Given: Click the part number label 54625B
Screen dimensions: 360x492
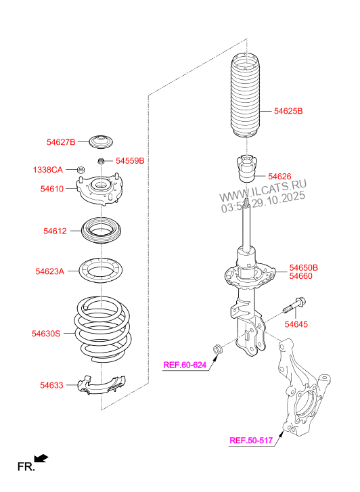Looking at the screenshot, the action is point(288,111).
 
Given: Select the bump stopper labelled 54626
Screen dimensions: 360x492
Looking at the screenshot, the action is point(247,169).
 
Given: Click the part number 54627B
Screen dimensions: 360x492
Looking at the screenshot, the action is point(61,142).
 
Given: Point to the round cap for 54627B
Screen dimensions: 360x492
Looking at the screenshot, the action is point(101,142).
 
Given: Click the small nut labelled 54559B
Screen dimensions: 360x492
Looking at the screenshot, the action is point(101,161).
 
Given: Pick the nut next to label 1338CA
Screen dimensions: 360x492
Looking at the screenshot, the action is point(81,170).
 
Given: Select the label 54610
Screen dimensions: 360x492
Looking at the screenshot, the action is point(52,189).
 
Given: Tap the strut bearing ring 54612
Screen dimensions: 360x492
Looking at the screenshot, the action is point(102,231).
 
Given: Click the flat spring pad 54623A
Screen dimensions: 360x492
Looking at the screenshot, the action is point(100,270).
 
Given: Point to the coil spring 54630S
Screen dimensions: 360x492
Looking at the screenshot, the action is point(103,330).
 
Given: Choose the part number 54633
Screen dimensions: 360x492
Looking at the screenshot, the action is point(51,385).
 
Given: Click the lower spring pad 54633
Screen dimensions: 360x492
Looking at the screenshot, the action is point(101,384).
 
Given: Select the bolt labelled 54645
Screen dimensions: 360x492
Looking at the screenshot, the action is point(294,306).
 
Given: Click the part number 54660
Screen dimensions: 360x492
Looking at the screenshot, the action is point(300,276).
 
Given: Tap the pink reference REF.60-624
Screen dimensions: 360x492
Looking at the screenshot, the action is point(185,365).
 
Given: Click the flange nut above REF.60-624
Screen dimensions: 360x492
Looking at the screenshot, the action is point(217,349).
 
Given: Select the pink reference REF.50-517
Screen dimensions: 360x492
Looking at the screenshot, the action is point(251,441).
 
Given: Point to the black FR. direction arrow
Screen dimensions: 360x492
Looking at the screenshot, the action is point(41,458).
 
